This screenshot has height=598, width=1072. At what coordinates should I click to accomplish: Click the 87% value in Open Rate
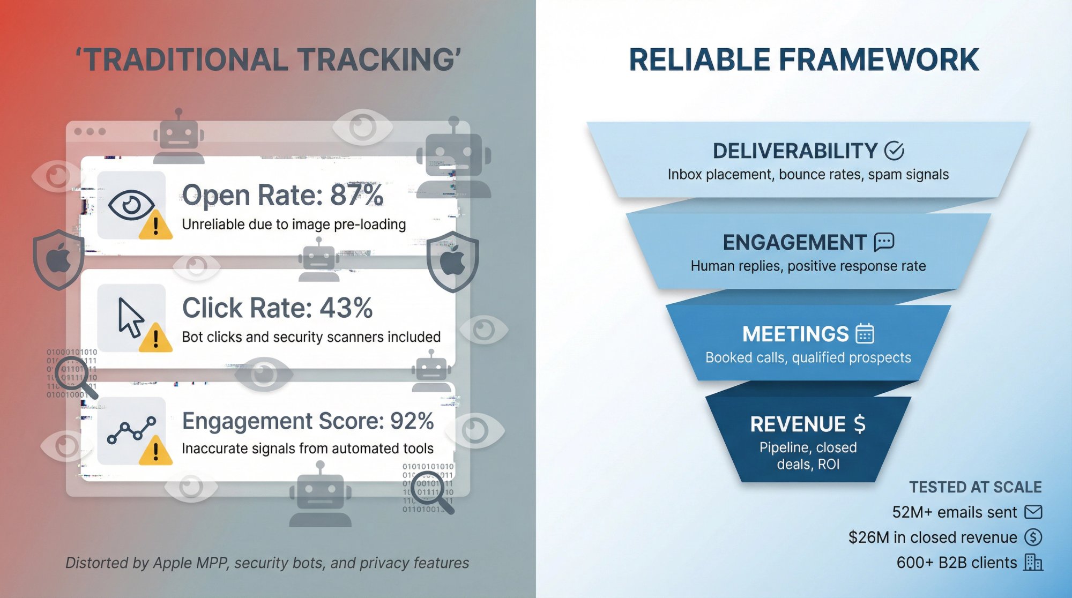[x=356, y=195]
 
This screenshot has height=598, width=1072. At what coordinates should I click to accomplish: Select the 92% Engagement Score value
[x=412, y=421]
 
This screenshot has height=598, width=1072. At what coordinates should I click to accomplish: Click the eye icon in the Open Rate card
[x=131, y=205]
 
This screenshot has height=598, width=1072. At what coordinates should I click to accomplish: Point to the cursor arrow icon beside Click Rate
[x=130, y=317]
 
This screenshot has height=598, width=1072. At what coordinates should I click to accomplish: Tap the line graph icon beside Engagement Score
[x=131, y=430]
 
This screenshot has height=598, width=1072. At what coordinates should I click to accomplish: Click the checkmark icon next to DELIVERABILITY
[x=894, y=151]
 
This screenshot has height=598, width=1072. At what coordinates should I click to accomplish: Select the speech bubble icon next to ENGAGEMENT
[x=884, y=242]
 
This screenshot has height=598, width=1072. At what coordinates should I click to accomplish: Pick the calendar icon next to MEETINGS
[x=865, y=333]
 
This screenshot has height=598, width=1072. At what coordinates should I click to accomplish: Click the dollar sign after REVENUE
[x=859, y=424]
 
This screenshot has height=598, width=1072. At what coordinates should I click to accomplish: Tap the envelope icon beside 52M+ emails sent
[x=1033, y=512]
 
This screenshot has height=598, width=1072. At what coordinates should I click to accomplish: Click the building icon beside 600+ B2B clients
[x=1033, y=562]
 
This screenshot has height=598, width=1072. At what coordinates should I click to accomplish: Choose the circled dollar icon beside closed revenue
[x=1033, y=537]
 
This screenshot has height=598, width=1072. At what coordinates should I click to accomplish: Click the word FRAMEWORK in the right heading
[x=879, y=59]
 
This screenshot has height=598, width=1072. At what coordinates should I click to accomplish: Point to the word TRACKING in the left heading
[x=378, y=59]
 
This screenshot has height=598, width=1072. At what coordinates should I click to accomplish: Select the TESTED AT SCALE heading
[x=975, y=487]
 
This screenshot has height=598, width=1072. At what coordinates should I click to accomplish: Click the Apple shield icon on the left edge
[x=58, y=260]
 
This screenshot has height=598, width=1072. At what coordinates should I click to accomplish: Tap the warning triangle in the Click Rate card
[x=155, y=338]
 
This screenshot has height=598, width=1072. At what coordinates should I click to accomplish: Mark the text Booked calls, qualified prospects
[x=808, y=357]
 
